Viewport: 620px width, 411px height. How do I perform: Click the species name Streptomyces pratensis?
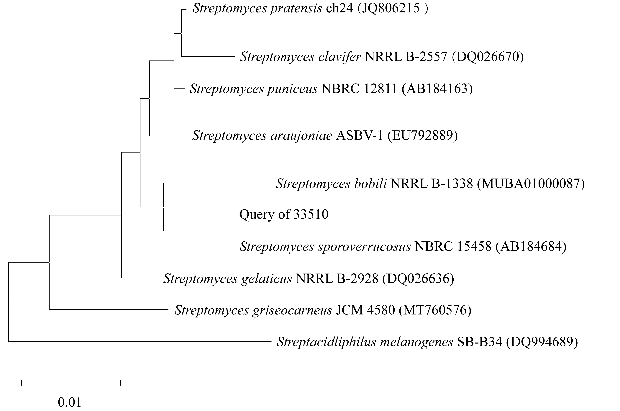(257, 9)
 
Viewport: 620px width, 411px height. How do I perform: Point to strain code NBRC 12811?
(359, 89)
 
